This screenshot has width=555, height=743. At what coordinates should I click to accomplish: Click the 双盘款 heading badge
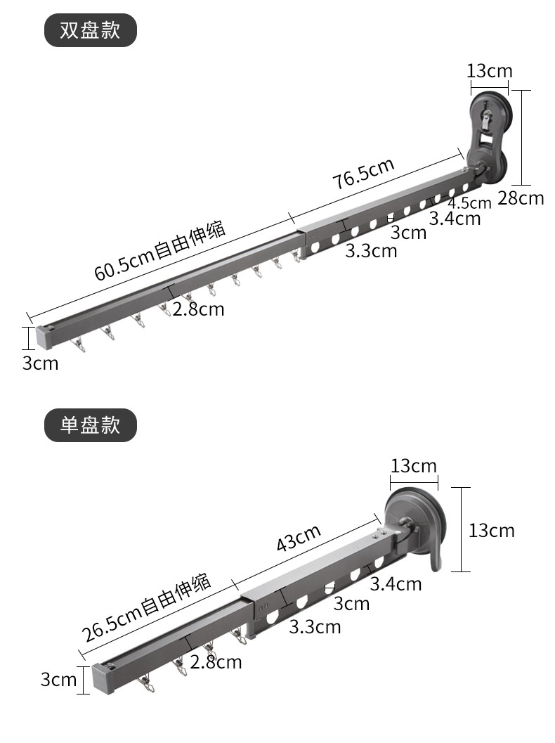(x=90, y=31)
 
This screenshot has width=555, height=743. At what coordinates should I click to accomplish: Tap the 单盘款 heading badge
(x=90, y=425)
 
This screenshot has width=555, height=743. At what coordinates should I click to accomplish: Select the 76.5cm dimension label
(x=363, y=174)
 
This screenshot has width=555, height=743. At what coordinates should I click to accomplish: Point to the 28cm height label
(x=521, y=198)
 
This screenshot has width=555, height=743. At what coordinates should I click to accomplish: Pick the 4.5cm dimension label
(x=470, y=203)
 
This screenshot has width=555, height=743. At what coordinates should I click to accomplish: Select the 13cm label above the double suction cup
(x=490, y=71)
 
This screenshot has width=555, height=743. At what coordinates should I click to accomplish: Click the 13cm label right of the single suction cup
(x=492, y=530)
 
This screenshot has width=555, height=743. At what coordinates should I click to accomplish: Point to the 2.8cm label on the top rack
(x=199, y=309)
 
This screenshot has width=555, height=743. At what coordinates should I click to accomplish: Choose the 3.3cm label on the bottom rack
(x=315, y=626)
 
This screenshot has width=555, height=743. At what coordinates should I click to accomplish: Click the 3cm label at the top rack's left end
(x=41, y=363)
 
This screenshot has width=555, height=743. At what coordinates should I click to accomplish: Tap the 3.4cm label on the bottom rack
(x=396, y=583)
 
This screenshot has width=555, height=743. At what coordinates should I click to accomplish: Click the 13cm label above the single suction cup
(x=414, y=466)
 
